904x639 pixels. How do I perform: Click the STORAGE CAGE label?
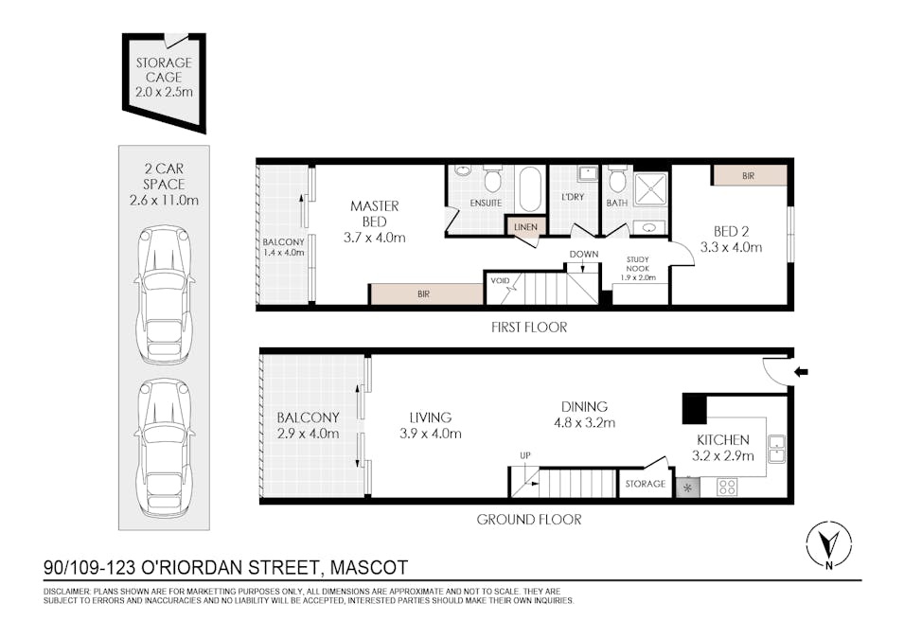[x=163, y=68]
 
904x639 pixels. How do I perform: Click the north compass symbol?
[x=827, y=547]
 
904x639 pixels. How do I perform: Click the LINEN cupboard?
[x=524, y=227]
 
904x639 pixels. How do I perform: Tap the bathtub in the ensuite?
[x=530, y=189]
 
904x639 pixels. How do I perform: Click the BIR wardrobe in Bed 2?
[x=749, y=176]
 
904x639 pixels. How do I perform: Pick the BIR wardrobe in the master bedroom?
[x=425, y=294]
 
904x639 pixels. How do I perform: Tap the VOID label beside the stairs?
[x=500, y=280]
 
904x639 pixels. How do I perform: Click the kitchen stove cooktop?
[x=728, y=488]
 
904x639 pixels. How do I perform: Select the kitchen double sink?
[x=776, y=447]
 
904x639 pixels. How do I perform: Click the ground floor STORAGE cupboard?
[x=646, y=484]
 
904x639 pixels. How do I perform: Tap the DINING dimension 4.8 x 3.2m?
[x=584, y=423]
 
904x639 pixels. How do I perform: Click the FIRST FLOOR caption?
[x=529, y=328]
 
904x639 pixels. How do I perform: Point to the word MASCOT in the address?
[x=365, y=568]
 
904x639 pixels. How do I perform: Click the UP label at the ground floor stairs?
[x=524, y=457]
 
